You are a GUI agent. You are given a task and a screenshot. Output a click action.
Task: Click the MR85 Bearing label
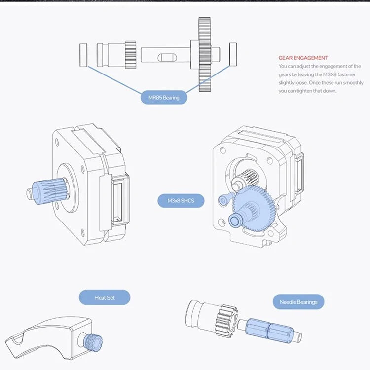tap(164, 98)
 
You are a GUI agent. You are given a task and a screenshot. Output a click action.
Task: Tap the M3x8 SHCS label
tap(181, 201)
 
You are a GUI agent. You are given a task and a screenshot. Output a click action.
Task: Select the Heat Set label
tap(104, 297)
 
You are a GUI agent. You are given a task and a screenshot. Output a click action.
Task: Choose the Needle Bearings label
tap(298, 302)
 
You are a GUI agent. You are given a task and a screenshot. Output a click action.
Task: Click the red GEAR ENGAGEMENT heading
tap(303, 58)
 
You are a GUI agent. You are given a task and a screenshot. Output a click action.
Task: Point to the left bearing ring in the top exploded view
tap(83, 54)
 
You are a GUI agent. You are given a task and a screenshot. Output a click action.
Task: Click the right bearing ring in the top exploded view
tap(233, 54)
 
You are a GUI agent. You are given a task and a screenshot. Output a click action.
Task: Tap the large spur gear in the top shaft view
tap(204, 54)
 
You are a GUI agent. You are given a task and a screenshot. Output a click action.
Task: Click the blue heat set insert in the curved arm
tap(90, 340)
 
